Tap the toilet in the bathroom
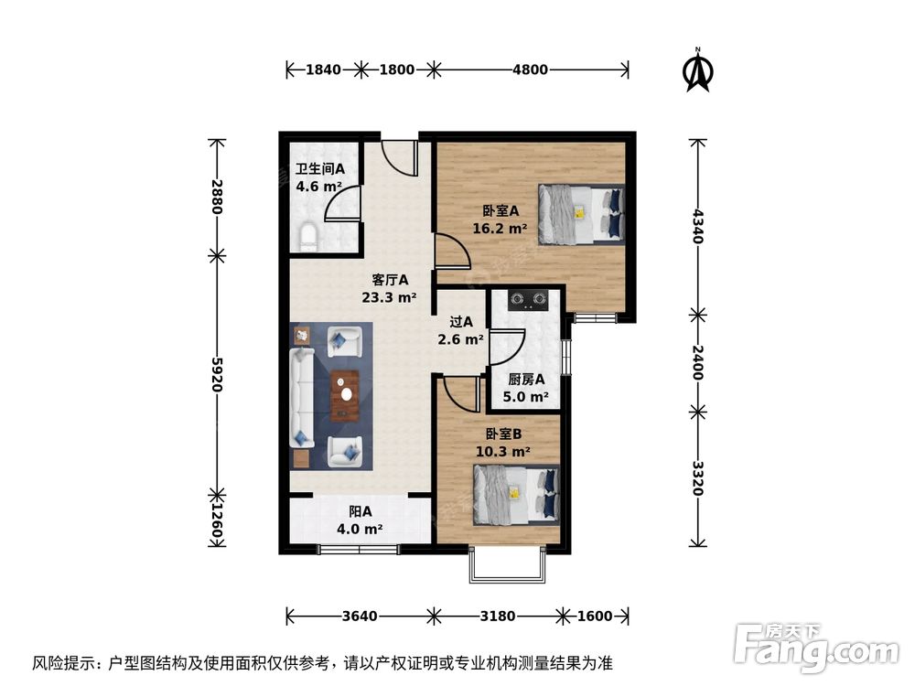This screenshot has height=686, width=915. [307, 236]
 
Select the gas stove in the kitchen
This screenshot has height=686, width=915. [527, 299]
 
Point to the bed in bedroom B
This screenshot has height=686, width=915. [516, 495]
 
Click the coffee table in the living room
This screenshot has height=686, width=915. [345, 392]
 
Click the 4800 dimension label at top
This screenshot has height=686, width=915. [530, 70]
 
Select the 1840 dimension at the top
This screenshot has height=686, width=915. [322, 70]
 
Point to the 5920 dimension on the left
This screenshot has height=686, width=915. [217, 374]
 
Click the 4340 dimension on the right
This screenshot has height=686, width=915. [697, 226]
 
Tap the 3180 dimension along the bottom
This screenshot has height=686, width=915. [498, 616]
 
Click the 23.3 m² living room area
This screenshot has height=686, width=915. [389, 296]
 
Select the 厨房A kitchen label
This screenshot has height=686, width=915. [526, 379]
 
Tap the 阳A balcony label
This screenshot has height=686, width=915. [360, 511]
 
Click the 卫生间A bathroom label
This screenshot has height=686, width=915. [319, 168]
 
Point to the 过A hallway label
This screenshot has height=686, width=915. [461, 322]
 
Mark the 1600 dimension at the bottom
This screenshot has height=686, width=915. [595, 616]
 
